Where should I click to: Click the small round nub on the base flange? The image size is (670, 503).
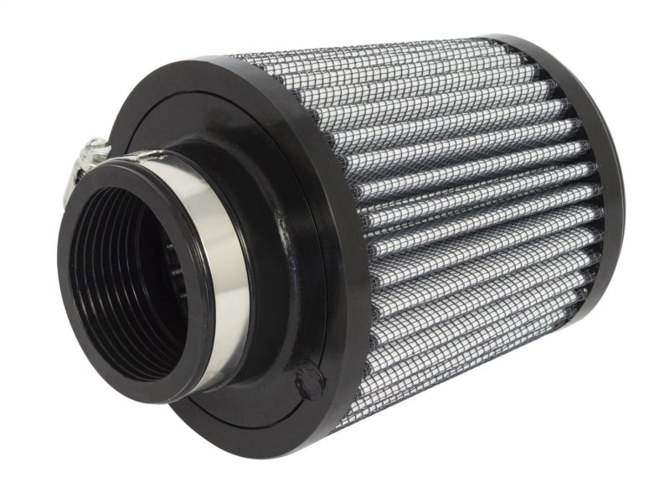(310, 381)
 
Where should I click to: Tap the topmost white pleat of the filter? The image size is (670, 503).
(377, 59)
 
